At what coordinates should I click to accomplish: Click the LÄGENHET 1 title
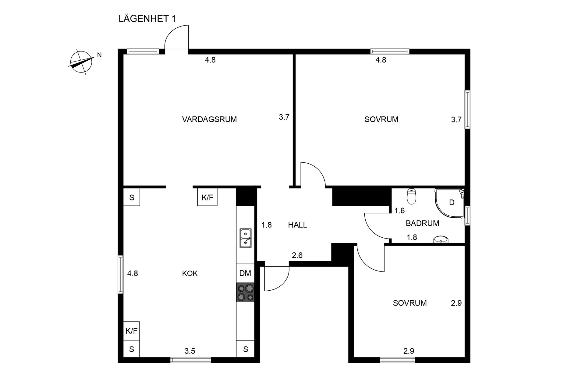point(147,19)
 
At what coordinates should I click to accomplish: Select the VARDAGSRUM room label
point(209,119)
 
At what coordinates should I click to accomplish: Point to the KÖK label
point(190,273)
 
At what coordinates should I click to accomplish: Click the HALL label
point(297,225)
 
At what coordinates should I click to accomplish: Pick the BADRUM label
point(422,223)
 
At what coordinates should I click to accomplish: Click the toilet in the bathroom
point(411,197)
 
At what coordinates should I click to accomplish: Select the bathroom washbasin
point(441,239)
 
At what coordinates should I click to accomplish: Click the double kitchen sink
point(245,238)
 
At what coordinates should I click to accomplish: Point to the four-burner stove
point(245,292)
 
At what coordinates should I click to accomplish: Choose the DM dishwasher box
point(245,273)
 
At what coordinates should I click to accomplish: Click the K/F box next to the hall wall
point(207,197)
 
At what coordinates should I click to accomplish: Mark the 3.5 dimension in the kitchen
point(190,351)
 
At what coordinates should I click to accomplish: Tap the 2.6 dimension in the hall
point(297,255)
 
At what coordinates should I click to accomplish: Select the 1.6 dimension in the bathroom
point(399,211)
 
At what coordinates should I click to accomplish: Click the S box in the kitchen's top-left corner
point(132,197)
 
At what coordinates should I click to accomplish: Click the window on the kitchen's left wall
point(121,274)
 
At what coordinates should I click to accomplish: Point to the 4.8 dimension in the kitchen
point(133,273)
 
